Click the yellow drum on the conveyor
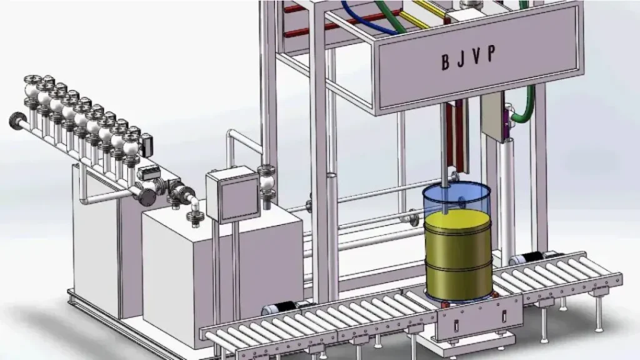[458, 253]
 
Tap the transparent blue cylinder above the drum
[456, 197]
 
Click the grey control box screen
[233, 197]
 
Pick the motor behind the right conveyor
[529, 257]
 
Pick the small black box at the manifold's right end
[147, 146]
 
